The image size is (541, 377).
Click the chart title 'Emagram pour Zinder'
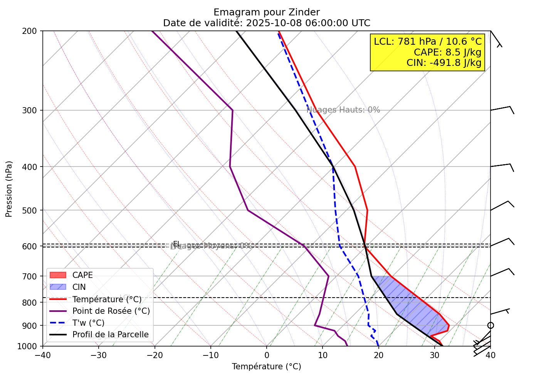[x=267, y=12]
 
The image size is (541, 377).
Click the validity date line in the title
[x=267, y=23]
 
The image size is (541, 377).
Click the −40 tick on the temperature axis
[x=43, y=355]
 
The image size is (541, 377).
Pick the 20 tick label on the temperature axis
[x=378, y=355]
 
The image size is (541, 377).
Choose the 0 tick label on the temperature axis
[x=267, y=355]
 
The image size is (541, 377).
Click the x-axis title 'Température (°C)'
[x=267, y=367]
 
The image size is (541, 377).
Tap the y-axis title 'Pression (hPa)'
[x=9, y=189]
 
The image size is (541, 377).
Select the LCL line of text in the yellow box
[x=428, y=41]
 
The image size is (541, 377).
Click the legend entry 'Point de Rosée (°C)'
[x=111, y=311]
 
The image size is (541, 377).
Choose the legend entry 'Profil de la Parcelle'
[x=110, y=335]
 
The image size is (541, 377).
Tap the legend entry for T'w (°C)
[x=88, y=323]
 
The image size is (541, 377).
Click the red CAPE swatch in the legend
[x=58, y=275]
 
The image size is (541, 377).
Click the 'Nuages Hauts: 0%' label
[x=343, y=110]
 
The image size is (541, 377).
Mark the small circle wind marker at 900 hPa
[x=491, y=325]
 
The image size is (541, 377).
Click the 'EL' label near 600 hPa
[x=176, y=243]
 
